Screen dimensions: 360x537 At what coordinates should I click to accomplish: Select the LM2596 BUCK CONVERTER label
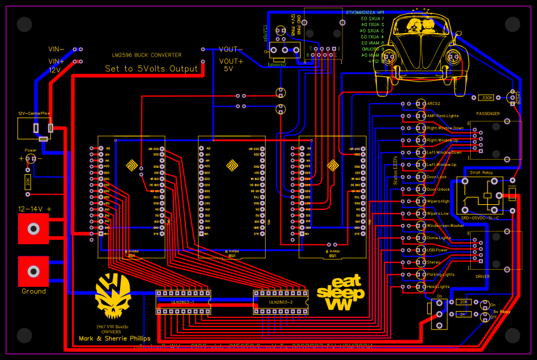(x=146, y=55)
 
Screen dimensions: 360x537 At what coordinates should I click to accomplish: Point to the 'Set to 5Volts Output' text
(x=152, y=69)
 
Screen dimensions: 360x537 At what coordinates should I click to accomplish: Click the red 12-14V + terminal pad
(x=32, y=228)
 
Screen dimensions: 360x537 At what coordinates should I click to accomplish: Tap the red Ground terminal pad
(x=32, y=272)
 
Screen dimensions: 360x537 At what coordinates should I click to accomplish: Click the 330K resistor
(x=486, y=97)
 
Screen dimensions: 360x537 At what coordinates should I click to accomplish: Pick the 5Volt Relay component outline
(x=484, y=194)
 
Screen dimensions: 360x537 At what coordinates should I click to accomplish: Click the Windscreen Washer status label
(x=445, y=226)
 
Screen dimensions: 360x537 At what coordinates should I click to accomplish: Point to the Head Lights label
(x=439, y=286)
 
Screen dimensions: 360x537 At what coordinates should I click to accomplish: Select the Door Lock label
(x=437, y=177)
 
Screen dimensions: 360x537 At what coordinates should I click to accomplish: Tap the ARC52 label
(x=433, y=104)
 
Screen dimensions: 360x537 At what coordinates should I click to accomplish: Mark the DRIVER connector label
(x=482, y=277)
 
